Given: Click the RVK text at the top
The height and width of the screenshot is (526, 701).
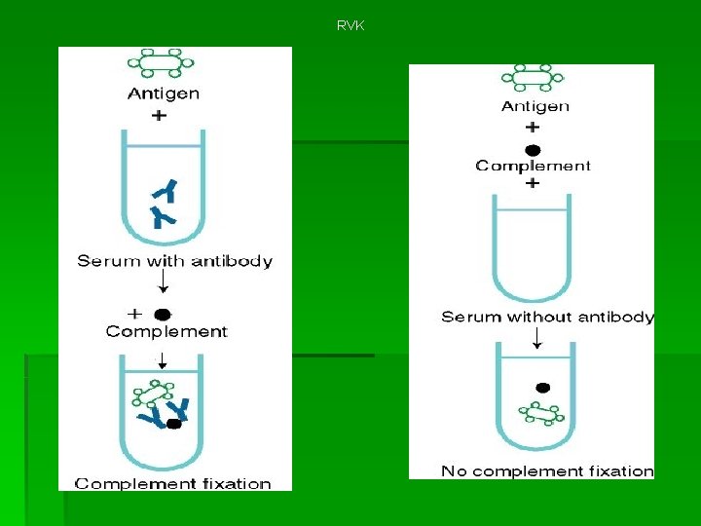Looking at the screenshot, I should [350, 25].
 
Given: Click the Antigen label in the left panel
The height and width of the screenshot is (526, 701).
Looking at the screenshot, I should [163, 94].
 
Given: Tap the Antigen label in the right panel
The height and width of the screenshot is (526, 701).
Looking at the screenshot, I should [535, 106].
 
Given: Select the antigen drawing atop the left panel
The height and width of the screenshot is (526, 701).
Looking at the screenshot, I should [161, 62].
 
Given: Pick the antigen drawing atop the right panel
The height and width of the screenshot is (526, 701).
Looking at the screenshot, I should [533, 78].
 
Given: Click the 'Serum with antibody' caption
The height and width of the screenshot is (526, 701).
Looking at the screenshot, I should [175, 261].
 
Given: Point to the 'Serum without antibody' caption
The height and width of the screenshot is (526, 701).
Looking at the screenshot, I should [547, 318].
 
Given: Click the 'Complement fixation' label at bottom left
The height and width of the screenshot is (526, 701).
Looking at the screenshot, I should [172, 483].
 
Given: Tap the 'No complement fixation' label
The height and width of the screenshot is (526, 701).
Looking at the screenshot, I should [547, 471].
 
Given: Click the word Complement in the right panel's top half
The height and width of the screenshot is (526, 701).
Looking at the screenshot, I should [533, 166].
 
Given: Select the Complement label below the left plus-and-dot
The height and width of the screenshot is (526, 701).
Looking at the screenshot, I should [166, 331].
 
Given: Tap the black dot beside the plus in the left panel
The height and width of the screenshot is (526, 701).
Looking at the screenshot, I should [163, 314].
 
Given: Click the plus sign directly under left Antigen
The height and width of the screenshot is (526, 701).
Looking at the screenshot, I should [159, 115].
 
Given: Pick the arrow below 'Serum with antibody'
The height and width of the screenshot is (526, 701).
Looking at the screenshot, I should [163, 282].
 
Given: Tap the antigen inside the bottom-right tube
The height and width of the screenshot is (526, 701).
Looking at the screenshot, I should [541, 414].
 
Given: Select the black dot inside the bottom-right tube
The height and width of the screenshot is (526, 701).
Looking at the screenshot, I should [542, 388].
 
